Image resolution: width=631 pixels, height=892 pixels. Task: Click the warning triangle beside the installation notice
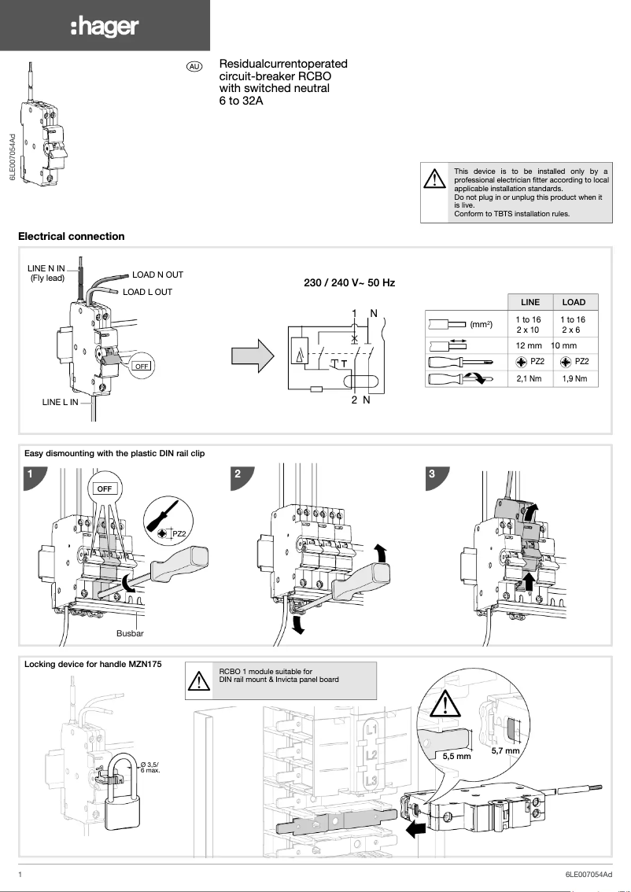tap(434, 180)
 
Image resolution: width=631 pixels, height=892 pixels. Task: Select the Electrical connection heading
tap(71, 236)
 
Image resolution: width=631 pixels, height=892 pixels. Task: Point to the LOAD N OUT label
tap(157, 275)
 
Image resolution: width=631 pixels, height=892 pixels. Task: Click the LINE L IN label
tap(60, 402)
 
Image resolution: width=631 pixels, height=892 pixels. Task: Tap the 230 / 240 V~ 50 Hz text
tap(349, 282)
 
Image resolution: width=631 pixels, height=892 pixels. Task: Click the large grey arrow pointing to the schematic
tap(253, 356)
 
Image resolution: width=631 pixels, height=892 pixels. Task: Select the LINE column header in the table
tap(530, 302)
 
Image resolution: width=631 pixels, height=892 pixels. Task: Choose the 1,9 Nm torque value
tap(574, 378)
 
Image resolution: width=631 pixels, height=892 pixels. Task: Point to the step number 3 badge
tap(432, 474)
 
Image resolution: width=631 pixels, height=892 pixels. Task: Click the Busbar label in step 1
tap(130, 632)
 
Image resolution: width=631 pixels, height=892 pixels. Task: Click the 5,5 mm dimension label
tap(456, 756)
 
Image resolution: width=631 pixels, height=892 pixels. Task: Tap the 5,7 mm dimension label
tap(506, 751)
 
